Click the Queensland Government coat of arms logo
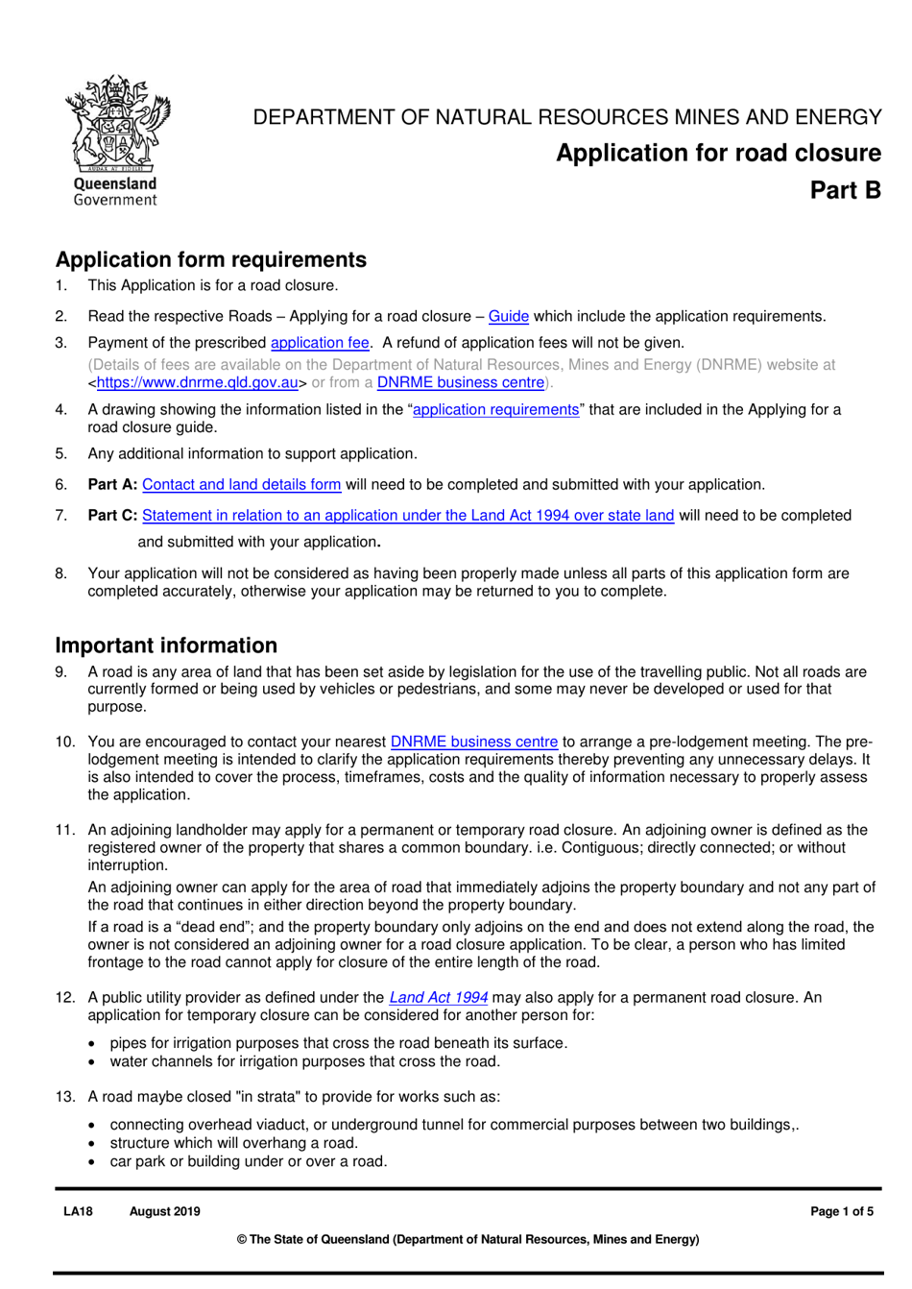click(116, 139)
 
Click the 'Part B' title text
click(845, 190)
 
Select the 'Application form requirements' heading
click(210, 259)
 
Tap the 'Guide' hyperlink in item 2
click(508, 316)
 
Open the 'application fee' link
click(320, 343)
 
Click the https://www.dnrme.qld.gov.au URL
click(197, 382)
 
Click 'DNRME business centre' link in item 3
click(460, 382)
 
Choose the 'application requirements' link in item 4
click(495, 409)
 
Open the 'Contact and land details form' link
click(241, 485)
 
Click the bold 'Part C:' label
click(112, 516)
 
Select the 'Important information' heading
click(166, 645)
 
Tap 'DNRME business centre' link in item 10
click(473, 742)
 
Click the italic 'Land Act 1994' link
click(438, 997)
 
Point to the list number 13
click(64, 1097)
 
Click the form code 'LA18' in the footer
click(78, 1211)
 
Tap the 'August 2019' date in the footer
click(164, 1211)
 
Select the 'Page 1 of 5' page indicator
click(841, 1211)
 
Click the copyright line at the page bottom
click(468, 1239)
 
